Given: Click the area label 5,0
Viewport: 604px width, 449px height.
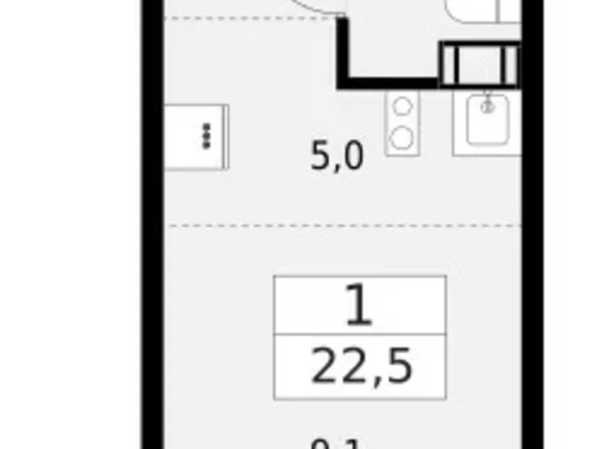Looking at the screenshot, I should tap(337, 157).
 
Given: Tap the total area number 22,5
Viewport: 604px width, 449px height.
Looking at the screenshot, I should tap(361, 368).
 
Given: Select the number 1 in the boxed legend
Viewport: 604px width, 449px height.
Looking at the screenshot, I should tap(359, 306).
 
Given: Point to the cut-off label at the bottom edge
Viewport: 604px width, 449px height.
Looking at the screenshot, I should tap(335, 444).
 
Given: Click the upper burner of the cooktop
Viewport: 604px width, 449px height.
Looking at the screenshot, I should tap(403, 107).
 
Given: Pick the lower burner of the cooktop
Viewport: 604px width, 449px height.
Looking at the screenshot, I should tap(403, 138).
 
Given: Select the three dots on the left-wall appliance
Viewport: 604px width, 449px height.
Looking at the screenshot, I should tap(207, 136).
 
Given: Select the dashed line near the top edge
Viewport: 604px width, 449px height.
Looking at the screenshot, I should tap(248, 16).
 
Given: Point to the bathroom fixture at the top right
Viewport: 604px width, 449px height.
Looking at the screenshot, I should tap(472, 9).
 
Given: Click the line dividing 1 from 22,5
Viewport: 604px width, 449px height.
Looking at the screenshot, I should tap(360, 337).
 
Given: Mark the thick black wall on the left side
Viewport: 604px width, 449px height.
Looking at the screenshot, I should tap(152, 232).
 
